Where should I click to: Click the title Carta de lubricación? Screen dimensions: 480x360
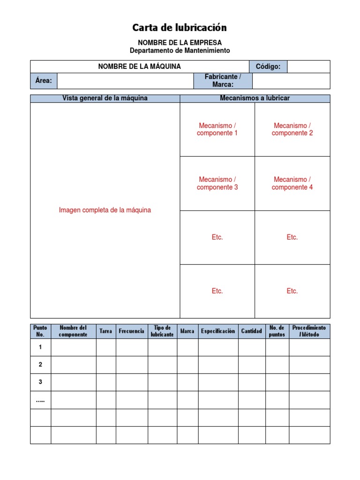click(x=180, y=28)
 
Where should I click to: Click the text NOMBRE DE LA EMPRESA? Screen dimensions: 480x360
click(x=180, y=43)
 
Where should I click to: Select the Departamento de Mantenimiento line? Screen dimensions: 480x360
click(x=180, y=51)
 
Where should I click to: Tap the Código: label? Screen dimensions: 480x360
click(x=268, y=67)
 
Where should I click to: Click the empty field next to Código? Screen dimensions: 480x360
click(x=308, y=67)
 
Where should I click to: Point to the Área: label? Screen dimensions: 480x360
click(x=44, y=81)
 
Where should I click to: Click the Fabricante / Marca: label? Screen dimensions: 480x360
click(x=223, y=81)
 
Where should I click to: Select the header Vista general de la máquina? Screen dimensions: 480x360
click(x=105, y=98)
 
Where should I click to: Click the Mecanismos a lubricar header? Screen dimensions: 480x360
click(x=255, y=98)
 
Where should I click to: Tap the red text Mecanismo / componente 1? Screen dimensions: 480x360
click(x=217, y=129)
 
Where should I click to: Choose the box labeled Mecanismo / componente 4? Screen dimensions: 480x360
click(x=292, y=183)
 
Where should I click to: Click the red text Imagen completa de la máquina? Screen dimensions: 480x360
click(x=105, y=210)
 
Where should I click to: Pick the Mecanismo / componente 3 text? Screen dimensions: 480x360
click(x=217, y=183)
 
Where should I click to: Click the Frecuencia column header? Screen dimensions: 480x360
click(x=132, y=331)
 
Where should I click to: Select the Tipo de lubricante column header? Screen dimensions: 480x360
click(x=162, y=331)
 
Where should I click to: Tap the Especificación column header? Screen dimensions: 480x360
click(x=218, y=331)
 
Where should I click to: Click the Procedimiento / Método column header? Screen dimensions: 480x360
click(x=309, y=331)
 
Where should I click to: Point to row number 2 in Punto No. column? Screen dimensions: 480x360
click(x=40, y=364)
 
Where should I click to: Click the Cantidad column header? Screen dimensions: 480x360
click(x=251, y=331)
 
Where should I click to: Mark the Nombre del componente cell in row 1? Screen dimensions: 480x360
click(x=73, y=347)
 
